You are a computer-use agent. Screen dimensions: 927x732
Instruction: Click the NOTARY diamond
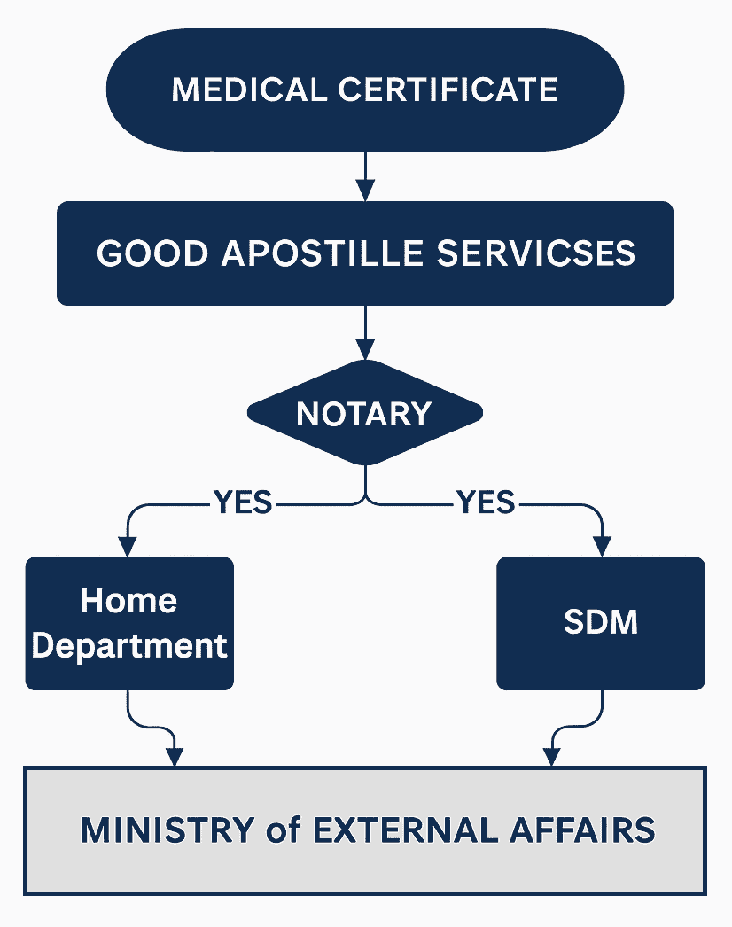point(364,413)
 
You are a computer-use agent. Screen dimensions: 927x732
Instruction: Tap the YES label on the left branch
point(243,502)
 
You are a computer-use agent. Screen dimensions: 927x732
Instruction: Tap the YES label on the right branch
point(486,502)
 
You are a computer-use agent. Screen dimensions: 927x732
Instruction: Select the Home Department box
point(129,623)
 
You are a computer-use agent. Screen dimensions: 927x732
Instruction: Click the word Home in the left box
point(129,601)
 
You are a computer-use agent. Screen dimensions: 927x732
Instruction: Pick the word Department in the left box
point(129,645)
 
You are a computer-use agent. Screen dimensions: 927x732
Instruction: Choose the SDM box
point(601,623)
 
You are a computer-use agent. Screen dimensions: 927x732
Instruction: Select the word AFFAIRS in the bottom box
point(589,830)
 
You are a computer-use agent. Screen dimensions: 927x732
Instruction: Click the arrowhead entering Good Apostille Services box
point(364,190)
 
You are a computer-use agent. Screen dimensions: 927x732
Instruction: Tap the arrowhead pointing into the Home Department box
point(129,545)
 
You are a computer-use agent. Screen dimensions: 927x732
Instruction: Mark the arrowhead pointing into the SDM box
point(603,545)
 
